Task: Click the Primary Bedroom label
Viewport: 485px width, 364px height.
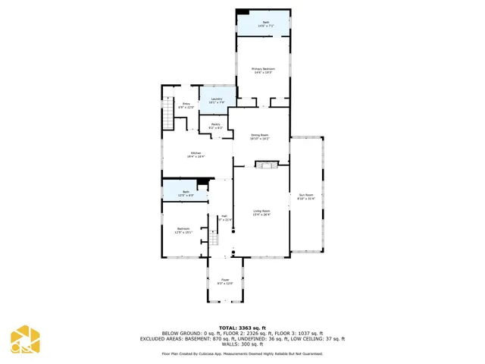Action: click(x=263, y=71)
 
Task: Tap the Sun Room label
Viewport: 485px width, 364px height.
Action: click(x=305, y=197)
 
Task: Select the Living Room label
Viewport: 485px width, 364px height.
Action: click(x=261, y=213)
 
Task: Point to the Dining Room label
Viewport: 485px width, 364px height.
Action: click(x=260, y=137)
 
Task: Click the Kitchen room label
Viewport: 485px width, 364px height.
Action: click(x=196, y=155)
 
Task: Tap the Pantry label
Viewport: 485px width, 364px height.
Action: click(x=215, y=126)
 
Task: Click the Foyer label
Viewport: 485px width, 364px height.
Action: click(x=225, y=282)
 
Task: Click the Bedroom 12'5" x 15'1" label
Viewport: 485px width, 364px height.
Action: click(x=183, y=231)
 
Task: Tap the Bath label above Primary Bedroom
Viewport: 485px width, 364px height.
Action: click(x=265, y=24)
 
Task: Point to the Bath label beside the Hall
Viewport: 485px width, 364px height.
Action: click(x=186, y=194)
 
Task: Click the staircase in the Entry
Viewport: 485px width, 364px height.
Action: click(x=169, y=118)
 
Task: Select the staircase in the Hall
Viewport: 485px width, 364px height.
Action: click(x=214, y=240)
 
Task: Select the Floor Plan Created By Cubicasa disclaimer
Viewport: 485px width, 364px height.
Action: click(x=242, y=353)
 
